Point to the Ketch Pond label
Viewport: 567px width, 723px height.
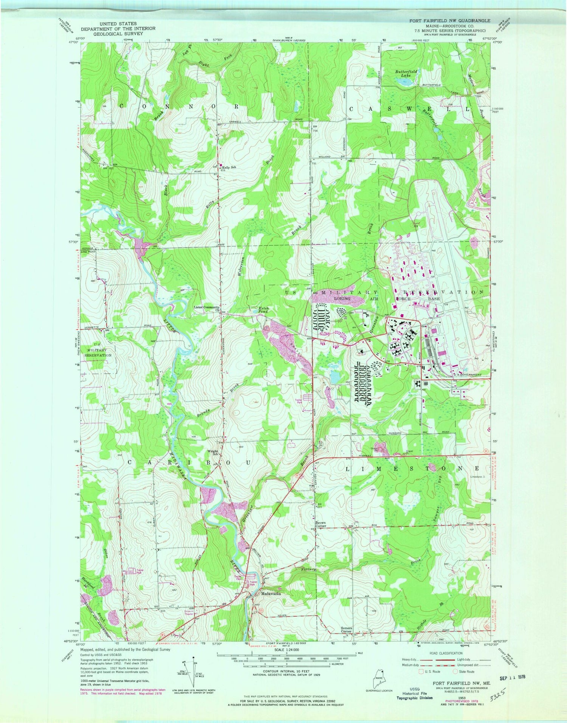click(x=263, y=310)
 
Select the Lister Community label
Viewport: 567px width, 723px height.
click(x=206, y=307)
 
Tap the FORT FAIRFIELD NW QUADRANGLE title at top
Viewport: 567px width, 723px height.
click(x=450, y=21)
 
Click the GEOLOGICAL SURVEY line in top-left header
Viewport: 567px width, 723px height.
click(x=118, y=33)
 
